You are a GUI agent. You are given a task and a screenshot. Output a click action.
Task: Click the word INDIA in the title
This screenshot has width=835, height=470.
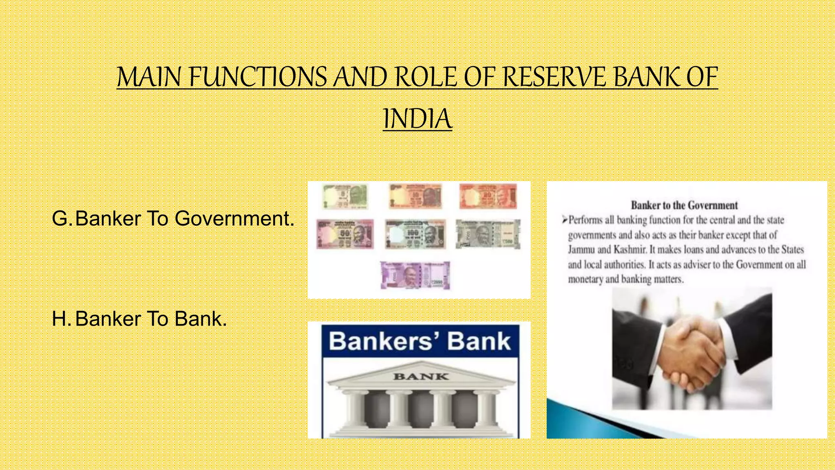tap(417, 119)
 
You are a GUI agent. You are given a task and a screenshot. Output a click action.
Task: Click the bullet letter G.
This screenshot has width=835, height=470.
tap(60, 219)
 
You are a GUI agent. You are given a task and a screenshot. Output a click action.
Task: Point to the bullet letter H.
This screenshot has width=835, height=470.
tap(60, 319)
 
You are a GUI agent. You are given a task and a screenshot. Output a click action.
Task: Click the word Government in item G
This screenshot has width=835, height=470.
tap(234, 219)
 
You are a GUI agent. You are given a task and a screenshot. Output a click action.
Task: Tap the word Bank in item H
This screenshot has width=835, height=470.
tap(200, 319)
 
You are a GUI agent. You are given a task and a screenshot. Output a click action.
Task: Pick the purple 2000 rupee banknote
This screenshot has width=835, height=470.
tap(415, 275)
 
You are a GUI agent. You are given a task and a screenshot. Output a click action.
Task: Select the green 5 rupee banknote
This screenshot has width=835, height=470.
tap(345, 196)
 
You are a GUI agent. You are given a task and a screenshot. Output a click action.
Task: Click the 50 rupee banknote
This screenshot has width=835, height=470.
tap(345, 234)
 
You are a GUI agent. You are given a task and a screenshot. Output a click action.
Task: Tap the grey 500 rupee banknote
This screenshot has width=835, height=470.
tap(488, 234)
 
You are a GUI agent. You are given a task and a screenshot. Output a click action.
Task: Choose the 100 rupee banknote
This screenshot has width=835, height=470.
tap(415, 234)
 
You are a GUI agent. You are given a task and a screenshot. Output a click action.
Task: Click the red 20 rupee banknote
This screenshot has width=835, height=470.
tap(488, 196)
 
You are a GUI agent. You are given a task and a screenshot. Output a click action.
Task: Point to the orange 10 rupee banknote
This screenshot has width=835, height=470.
tap(415, 196)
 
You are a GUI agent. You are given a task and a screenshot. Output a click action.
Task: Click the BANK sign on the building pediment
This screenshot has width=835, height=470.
tap(420, 377)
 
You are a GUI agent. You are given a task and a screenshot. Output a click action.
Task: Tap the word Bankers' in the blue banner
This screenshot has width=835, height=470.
tap(380, 341)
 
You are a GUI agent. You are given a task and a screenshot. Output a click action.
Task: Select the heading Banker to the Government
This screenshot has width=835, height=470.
tap(684, 205)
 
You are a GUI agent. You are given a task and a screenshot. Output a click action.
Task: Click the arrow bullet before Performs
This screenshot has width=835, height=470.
tap(564, 220)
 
